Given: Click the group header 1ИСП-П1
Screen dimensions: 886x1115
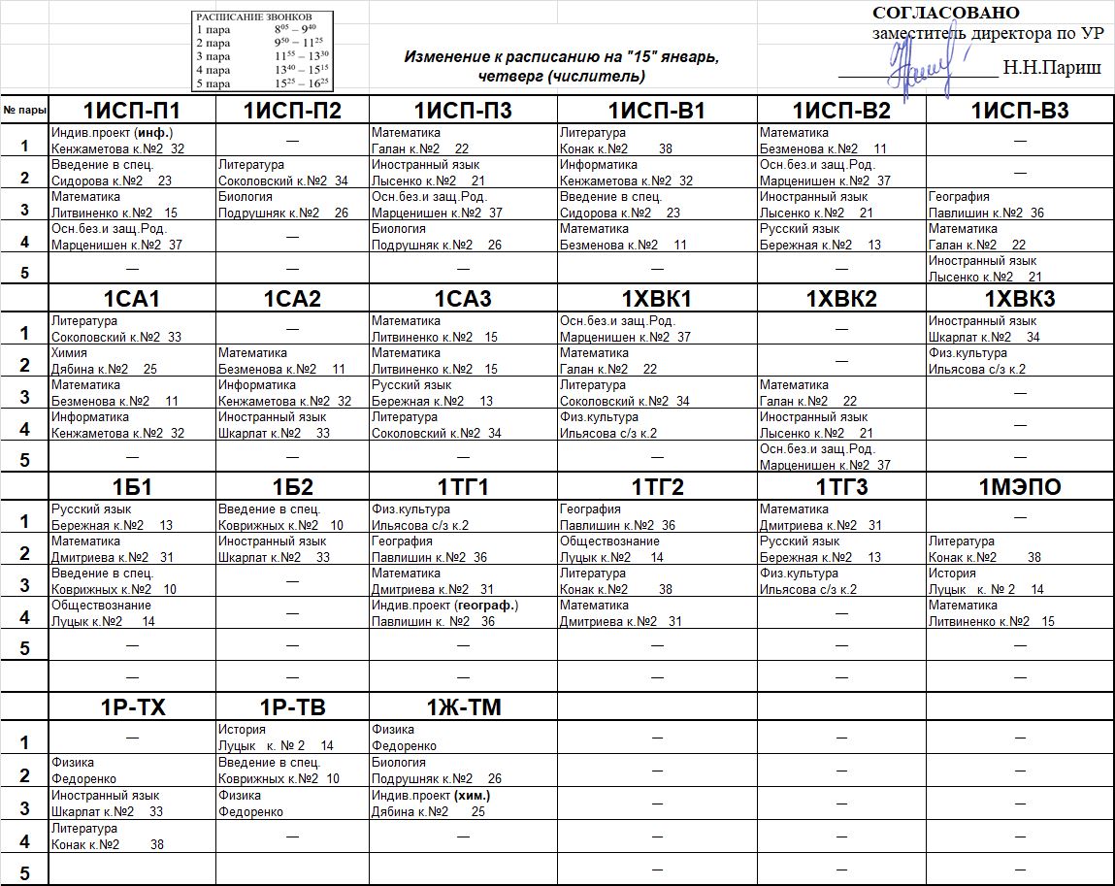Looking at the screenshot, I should pyautogui.click(x=131, y=111).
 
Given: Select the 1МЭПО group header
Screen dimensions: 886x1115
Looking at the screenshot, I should pyautogui.click(x=1020, y=487).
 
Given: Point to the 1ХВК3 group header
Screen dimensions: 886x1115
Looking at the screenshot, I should pyautogui.click(x=1020, y=299).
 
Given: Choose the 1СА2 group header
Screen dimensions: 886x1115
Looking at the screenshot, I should pyautogui.click(x=292, y=299).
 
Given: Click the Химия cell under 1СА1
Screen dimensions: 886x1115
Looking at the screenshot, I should pyautogui.click(x=131, y=361).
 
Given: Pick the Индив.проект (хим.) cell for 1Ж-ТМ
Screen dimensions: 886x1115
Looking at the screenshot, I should pyautogui.click(x=463, y=804).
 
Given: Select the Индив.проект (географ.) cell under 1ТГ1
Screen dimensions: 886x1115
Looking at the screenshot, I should pyautogui.click(x=463, y=613).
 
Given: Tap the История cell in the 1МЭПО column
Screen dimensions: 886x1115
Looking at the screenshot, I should pyautogui.click(x=1020, y=581).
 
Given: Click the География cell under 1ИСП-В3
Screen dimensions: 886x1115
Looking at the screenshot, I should pyautogui.click(x=1020, y=205).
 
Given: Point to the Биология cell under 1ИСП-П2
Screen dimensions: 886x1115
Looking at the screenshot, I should pyautogui.click(x=292, y=205).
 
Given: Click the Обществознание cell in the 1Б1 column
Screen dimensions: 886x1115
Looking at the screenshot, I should pyautogui.click(x=131, y=613).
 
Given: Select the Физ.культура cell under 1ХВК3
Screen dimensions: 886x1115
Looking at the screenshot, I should pyautogui.click(x=1020, y=361).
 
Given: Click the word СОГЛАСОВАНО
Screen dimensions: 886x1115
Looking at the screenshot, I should pyautogui.click(x=946, y=13).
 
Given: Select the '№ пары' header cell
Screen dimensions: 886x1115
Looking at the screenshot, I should pyautogui.click(x=23, y=110).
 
